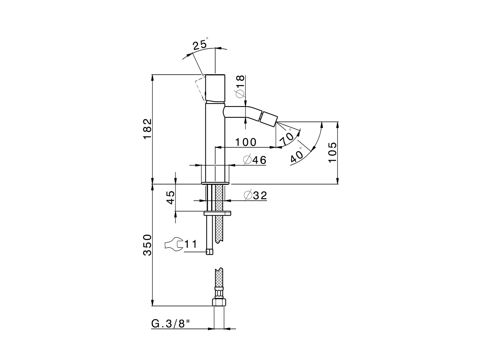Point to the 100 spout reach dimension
[246, 142]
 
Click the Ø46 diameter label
[255, 160]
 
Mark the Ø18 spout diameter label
[240, 86]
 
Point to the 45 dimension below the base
[171, 197]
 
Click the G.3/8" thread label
[171, 324]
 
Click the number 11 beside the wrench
[190, 244]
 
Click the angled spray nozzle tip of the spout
[268, 119]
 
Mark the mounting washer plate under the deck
[217, 213]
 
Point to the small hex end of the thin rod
[210, 251]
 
